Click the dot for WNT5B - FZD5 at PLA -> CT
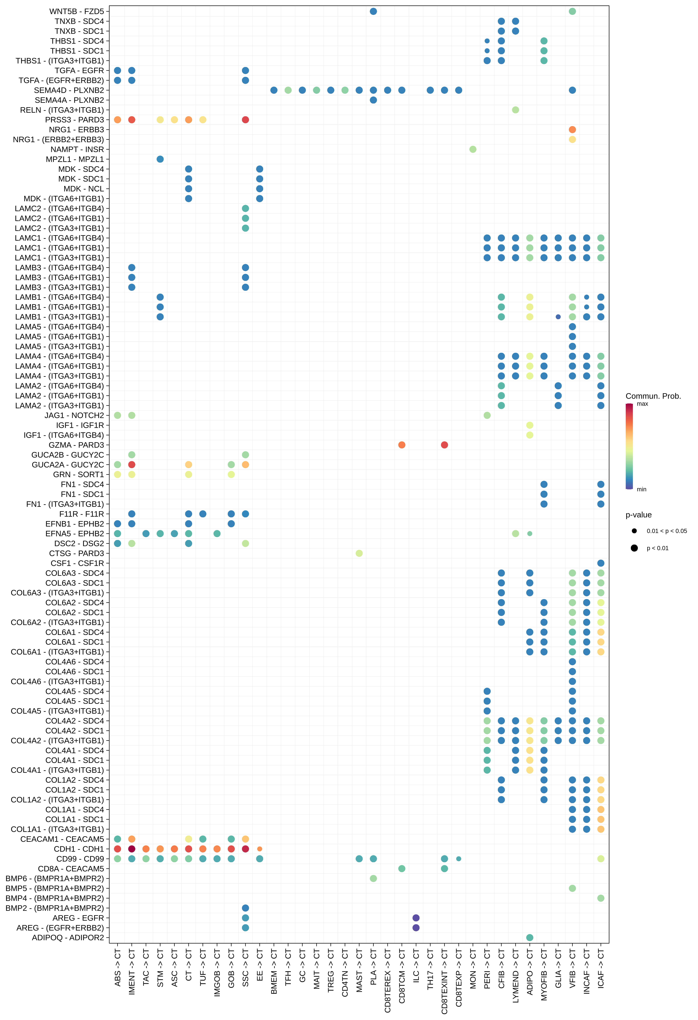373,11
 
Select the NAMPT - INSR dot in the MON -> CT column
473,149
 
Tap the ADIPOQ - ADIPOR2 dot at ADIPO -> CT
529,938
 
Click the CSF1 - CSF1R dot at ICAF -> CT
600,563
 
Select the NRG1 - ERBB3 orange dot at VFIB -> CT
572,129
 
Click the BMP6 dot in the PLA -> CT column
373,878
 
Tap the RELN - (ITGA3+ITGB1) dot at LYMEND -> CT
515,110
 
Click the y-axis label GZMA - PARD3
76,445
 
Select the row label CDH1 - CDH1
79,849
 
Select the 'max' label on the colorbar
642,404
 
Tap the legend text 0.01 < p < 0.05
666,531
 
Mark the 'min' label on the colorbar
641,489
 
